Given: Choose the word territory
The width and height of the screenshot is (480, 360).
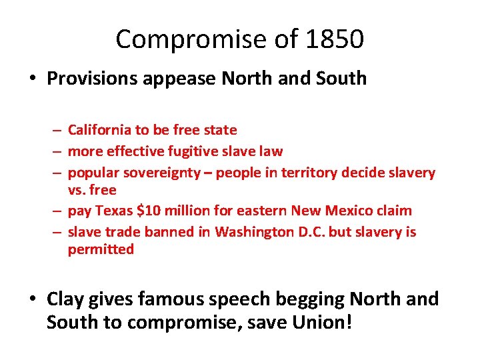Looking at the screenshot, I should [308, 173].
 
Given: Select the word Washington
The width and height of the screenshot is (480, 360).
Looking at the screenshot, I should [249, 231].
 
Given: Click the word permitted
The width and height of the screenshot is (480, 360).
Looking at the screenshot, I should [101, 250].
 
